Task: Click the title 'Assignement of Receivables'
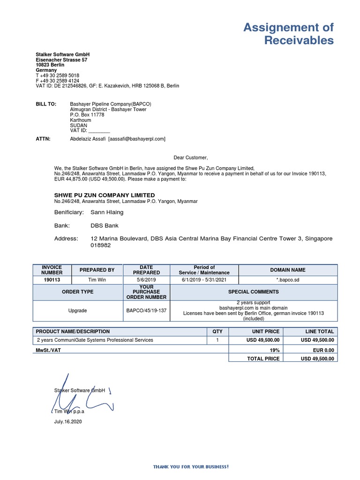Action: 288,34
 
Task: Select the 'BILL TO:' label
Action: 46,104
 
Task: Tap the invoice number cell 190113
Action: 52,280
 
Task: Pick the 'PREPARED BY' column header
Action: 97,270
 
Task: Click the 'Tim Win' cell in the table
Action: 97,280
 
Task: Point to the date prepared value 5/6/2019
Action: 146,280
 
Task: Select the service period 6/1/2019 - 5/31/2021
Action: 204,280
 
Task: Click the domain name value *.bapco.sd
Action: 288,280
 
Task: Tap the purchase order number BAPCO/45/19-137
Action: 146,310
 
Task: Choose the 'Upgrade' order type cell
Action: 78,310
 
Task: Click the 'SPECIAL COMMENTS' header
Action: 253,292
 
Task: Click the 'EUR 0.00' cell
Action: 323,350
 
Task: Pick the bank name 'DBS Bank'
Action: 105,225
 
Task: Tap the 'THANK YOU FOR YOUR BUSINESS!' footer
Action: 191,467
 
